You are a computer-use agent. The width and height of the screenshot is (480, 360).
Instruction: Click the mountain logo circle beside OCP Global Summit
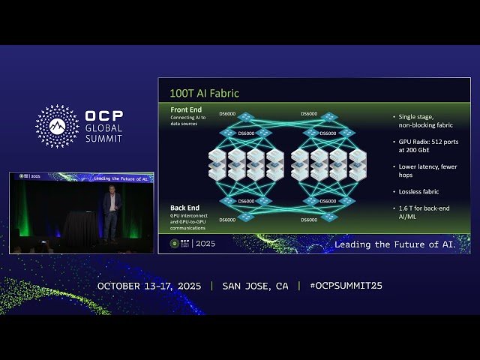pos(57,126)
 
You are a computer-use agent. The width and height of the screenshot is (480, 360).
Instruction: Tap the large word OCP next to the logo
pos(104,117)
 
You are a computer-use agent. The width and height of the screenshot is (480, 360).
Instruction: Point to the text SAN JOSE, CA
pos(255,286)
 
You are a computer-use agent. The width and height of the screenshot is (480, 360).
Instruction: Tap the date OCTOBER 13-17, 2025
pos(150,286)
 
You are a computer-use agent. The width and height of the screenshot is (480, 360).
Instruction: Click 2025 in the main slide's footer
pos(204,244)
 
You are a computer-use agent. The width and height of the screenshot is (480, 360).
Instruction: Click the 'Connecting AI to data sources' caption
pos(187,122)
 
